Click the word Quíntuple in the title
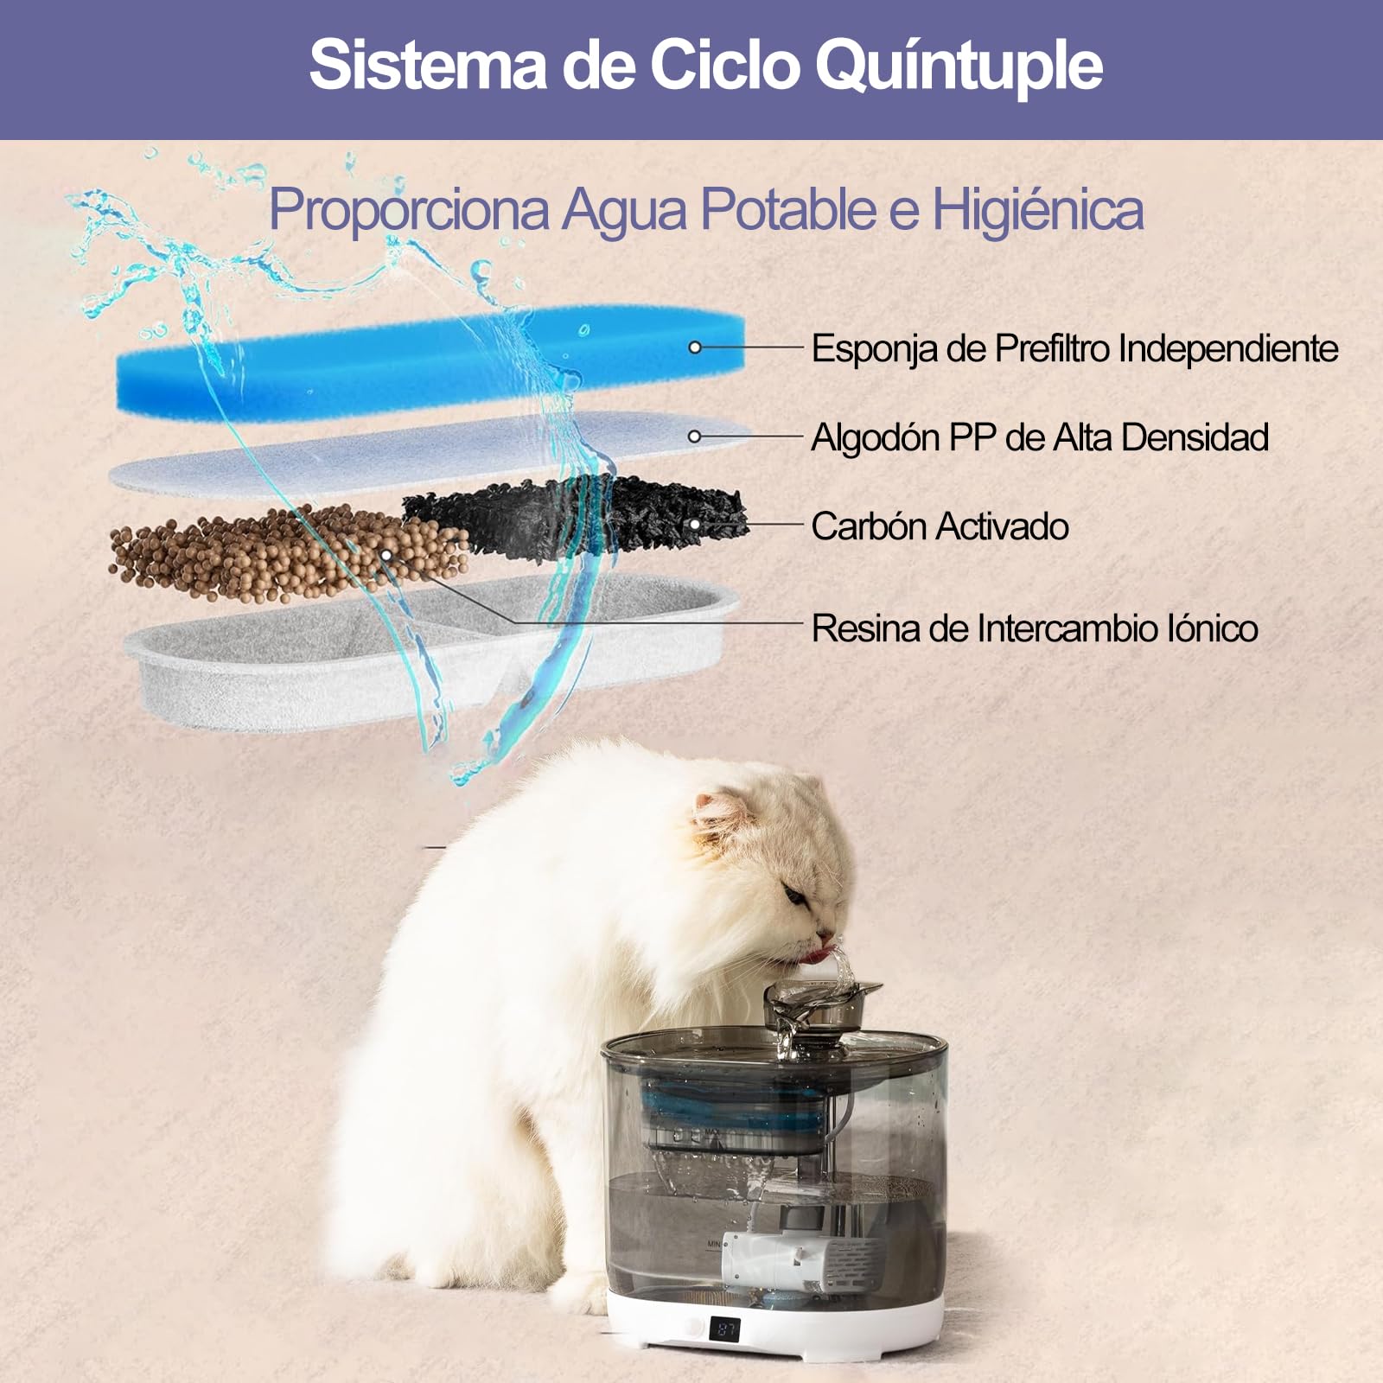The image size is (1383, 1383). (x=959, y=65)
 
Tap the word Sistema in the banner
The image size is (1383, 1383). (x=428, y=65)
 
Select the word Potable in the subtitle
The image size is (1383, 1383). (x=788, y=209)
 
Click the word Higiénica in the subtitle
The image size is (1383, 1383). (x=1037, y=209)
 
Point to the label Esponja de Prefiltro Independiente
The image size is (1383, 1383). (x=1074, y=349)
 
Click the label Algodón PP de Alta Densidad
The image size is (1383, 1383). (x=1039, y=437)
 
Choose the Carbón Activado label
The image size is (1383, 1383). (x=940, y=526)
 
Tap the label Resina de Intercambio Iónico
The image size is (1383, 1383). (x=1034, y=628)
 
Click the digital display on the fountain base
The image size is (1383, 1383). (x=724, y=1329)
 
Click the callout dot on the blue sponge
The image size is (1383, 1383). (x=695, y=347)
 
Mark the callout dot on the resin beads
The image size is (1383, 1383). (x=386, y=554)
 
